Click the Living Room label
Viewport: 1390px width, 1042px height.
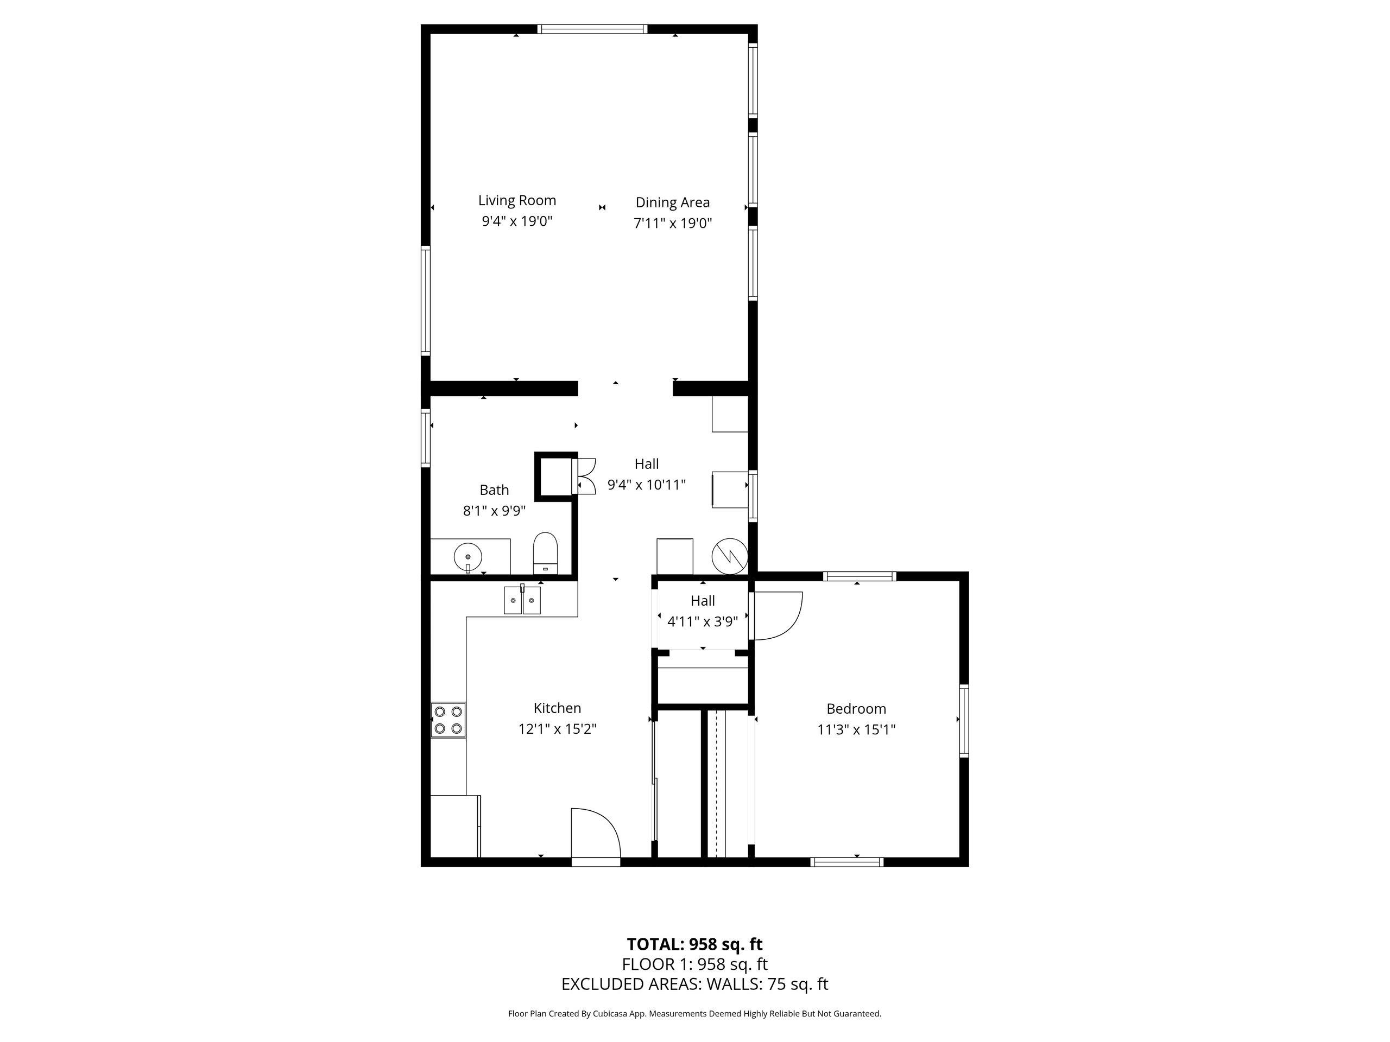pos(516,200)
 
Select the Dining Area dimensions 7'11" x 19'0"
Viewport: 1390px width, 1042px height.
pos(672,223)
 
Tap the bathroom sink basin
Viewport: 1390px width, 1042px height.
pos(467,556)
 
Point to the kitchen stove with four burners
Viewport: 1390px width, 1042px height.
pos(448,720)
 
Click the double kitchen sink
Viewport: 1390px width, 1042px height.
pos(522,600)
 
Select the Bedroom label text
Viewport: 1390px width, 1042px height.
pos(856,708)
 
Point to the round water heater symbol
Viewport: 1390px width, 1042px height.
pos(730,555)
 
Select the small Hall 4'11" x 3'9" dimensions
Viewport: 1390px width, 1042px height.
pos(703,622)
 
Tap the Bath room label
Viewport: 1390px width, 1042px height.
pos(494,490)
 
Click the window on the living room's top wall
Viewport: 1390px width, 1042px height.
pos(592,29)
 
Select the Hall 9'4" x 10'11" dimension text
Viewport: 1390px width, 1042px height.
pos(646,485)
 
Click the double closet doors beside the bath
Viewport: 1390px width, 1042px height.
pos(584,476)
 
